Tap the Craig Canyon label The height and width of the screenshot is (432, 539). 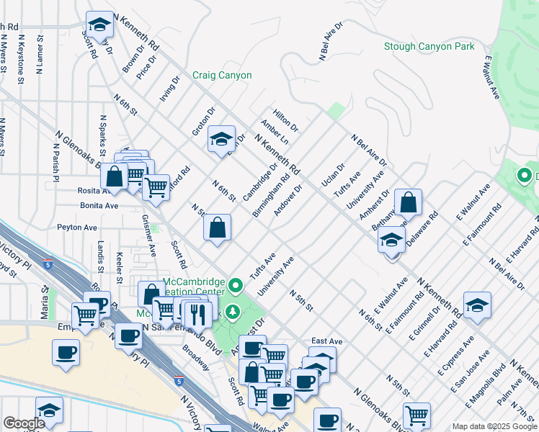point(222,75)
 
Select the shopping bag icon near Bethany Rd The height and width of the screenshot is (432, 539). point(408,203)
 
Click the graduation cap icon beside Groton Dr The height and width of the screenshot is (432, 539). point(221,140)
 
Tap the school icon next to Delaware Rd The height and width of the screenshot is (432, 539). point(391,240)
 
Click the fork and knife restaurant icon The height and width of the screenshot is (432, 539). point(195,312)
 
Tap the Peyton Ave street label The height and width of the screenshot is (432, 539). point(77,228)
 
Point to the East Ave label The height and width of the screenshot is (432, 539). point(326,341)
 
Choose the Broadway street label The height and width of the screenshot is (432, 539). point(195,356)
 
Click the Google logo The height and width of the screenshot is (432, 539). point(24,423)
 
